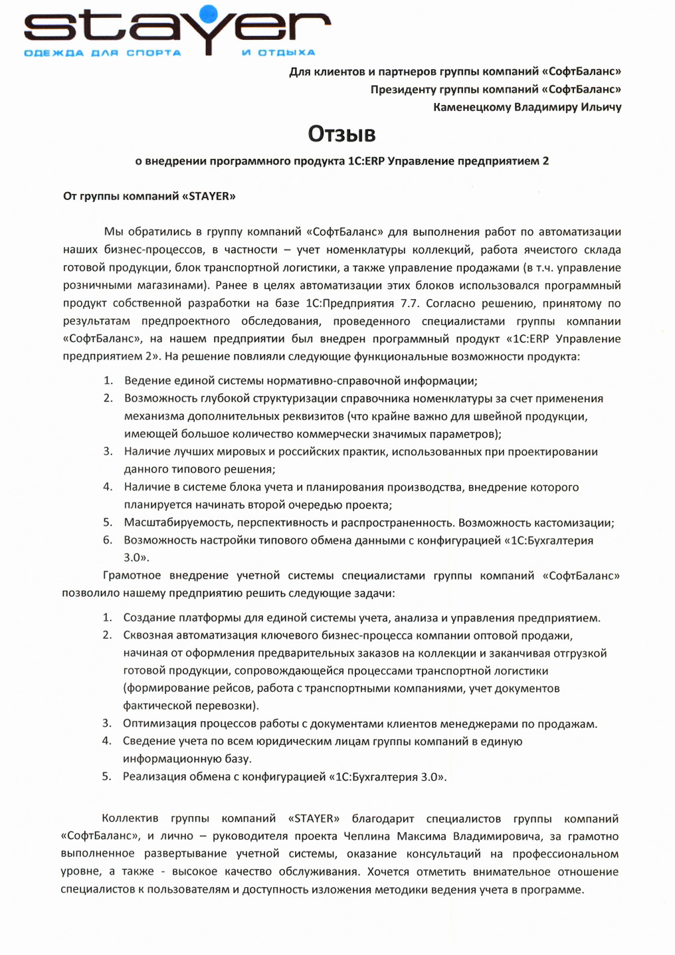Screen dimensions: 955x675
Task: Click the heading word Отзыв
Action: (x=341, y=134)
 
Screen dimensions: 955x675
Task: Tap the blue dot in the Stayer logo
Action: (x=209, y=13)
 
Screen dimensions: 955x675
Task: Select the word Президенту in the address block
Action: (x=403, y=89)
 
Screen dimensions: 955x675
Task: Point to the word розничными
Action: (x=92, y=286)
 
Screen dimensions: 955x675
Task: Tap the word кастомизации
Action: (x=574, y=523)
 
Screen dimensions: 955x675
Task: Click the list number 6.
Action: (x=108, y=540)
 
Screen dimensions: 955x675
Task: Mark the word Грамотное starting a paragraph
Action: (x=132, y=576)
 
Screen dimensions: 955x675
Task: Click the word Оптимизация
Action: (x=159, y=724)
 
